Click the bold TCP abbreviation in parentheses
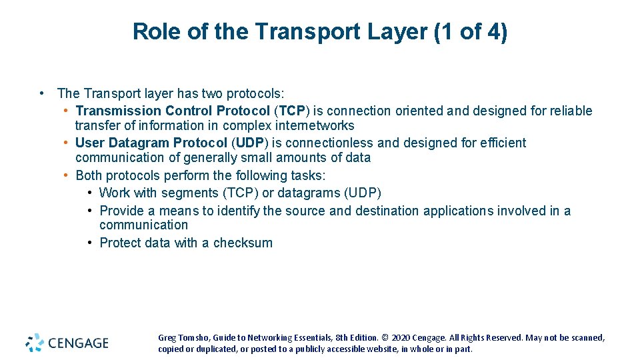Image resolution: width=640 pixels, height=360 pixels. tap(291, 111)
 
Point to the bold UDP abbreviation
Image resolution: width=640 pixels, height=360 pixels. tap(251, 143)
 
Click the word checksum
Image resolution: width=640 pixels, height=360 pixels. tap(243, 243)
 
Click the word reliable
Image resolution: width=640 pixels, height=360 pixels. tap(571, 111)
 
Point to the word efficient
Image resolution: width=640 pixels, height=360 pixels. tap(501, 143)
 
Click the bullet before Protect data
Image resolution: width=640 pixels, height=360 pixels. tap(90, 243)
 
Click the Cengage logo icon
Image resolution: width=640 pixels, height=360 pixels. tap(35, 343)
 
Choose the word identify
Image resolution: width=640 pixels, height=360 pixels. tap(239, 211)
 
